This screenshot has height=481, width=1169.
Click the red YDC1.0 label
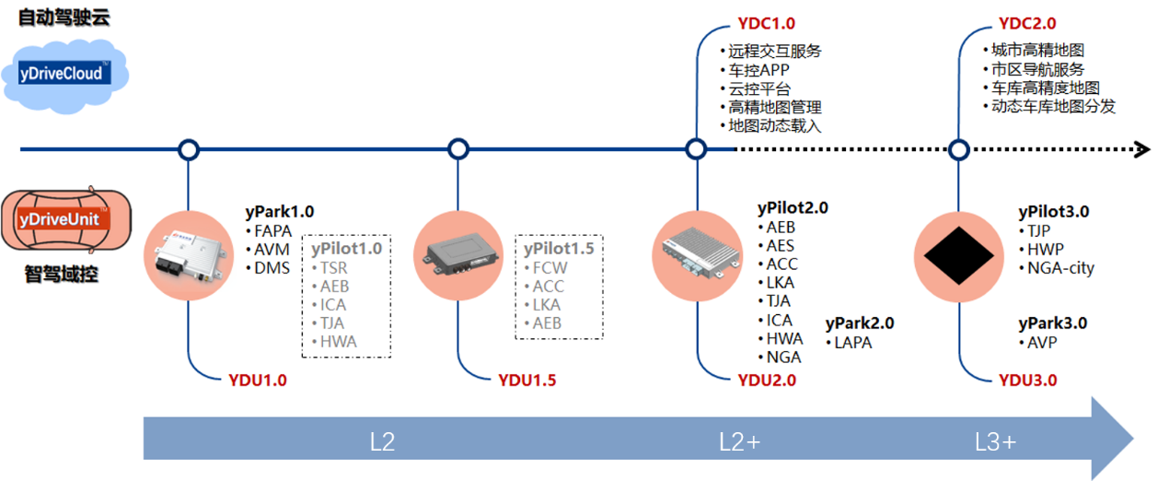766,24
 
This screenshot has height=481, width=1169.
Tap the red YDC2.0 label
1027,24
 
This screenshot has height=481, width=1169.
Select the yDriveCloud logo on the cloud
64,73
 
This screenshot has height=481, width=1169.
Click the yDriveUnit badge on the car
64,218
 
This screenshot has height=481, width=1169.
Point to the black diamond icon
959,256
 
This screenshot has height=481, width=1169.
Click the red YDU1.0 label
258,381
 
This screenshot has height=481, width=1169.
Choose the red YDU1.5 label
527,381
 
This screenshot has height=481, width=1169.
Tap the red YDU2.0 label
767,381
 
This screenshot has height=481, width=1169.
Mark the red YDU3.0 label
1027,381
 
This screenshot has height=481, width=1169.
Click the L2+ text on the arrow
739,442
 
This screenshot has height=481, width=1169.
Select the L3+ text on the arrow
995,442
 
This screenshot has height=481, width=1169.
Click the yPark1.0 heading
280,212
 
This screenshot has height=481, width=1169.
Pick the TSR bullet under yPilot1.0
330,268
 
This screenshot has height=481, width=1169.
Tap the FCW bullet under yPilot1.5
545,268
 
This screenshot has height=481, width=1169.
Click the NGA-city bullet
1057,268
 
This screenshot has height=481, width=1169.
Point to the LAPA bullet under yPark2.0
849,343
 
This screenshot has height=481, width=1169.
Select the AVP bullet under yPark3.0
1038,343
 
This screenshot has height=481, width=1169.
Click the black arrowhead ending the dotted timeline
1142,150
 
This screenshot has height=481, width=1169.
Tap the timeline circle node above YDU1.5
458,149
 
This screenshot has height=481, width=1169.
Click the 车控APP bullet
755,70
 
